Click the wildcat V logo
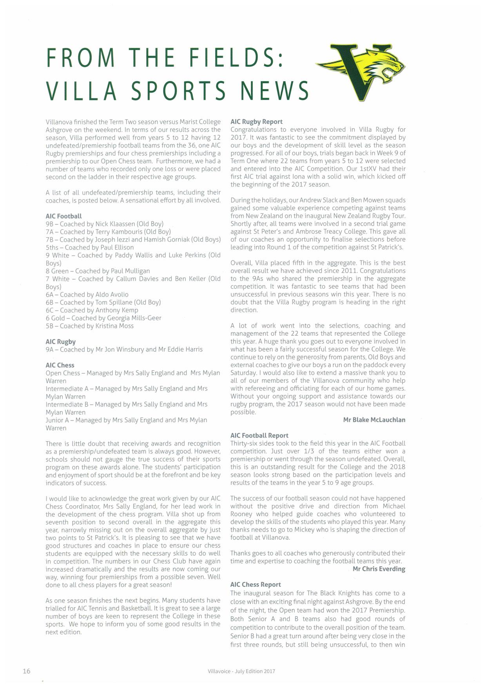coord(361,71)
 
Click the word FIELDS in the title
coord(235,58)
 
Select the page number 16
coord(26,671)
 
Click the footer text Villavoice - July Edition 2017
coord(241,671)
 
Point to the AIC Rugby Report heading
coord(256,122)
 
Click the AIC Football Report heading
coord(259,435)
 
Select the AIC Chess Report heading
coord(256,584)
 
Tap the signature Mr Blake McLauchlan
coord(374,420)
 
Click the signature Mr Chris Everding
coord(379,569)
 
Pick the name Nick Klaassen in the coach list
coord(115,224)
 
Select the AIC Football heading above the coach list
coord(63,216)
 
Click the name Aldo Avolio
coord(112,295)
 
